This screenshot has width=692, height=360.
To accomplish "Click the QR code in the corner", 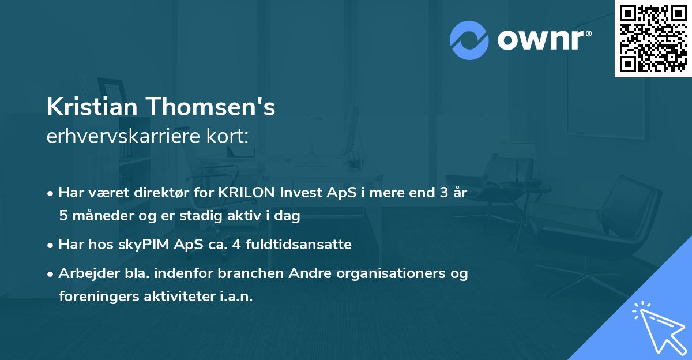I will tap(653, 39).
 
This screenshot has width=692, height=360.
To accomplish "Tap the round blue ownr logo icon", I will tap(469, 40).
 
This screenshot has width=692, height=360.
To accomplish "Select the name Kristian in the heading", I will tap(92, 107).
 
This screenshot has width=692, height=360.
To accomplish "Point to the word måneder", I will tap(100, 216).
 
